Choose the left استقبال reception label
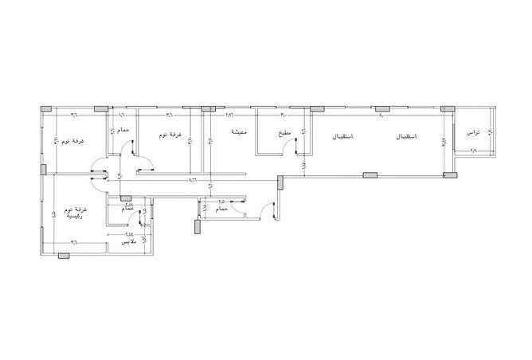point(343,137)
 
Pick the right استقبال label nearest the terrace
point(405,137)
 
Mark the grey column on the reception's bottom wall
point(369,174)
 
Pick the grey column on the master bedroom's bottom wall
point(64,255)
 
